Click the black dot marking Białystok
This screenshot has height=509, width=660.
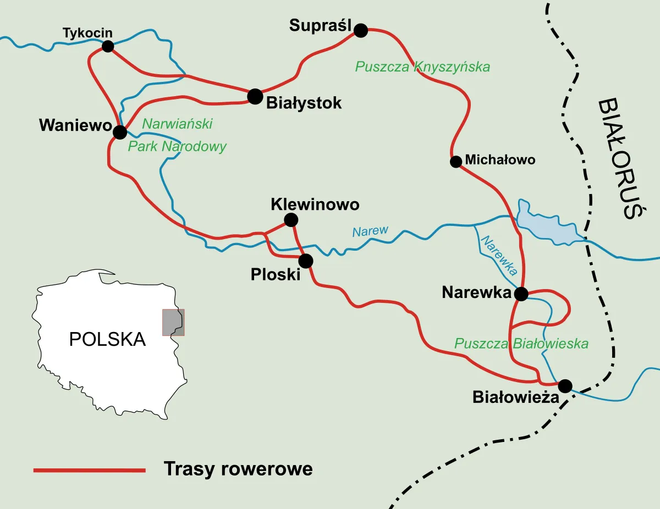(255, 96)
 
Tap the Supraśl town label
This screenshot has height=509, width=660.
(320, 25)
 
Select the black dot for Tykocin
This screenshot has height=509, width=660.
(108, 46)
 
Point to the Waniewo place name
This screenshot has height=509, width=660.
(75, 125)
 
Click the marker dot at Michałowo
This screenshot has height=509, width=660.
(455, 162)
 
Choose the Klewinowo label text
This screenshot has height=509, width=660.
(315, 204)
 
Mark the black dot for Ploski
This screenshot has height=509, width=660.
(306, 261)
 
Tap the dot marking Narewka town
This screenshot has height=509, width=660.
(521, 294)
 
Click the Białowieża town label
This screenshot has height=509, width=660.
(515, 397)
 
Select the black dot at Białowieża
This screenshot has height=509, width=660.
(565, 385)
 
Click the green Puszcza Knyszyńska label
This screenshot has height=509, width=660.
(422, 67)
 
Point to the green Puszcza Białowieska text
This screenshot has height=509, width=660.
(521, 344)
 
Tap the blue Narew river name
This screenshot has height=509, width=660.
(370, 231)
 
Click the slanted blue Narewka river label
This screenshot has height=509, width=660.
(499, 256)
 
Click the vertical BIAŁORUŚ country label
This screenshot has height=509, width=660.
(618, 159)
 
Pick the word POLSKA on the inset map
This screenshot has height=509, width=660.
(107, 339)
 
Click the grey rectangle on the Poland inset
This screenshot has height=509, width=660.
(173, 322)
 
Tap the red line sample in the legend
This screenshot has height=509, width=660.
(89, 470)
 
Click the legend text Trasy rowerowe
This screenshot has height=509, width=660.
(238, 469)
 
